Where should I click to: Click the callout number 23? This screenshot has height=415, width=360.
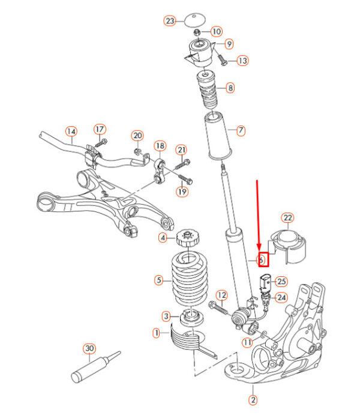tap(170, 21)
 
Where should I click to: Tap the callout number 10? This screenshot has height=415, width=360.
tap(216, 31)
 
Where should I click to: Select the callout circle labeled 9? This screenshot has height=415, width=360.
tap(229, 44)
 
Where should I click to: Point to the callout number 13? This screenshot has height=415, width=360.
tap(242, 61)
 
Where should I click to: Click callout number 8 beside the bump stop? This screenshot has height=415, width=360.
tap(230, 88)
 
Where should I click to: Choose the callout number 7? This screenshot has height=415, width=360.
tap(241, 130)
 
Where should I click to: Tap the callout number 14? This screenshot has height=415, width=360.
tap(71, 131)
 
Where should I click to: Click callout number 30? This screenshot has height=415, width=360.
tap(89, 348)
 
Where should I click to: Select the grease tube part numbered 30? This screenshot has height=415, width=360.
tap(91, 369)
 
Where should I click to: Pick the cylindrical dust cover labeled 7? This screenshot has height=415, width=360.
tap(218, 136)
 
